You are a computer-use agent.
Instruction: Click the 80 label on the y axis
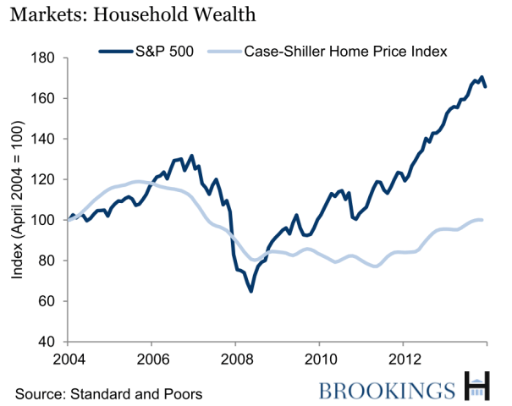pyautogui.click(x=47, y=261)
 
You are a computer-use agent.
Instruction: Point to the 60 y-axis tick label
pyautogui.click(x=47, y=301)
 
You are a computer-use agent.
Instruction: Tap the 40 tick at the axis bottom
pyautogui.click(x=47, y=342)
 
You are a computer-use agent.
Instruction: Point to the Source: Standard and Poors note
pyautogui.click(x=108, y=393)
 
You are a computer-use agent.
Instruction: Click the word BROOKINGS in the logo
pyautogui.click(x=388, y=390)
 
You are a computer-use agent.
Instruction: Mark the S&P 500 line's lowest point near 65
pyautogui.click(x=250, y=291)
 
